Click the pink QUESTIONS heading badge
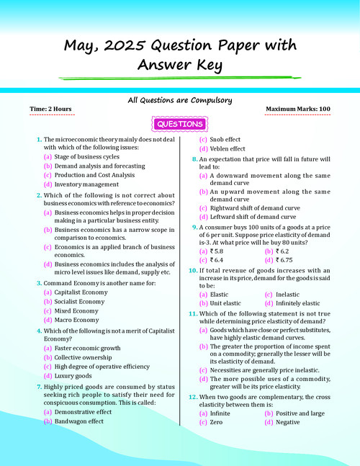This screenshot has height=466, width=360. pyautogui.click(x=179, y=125)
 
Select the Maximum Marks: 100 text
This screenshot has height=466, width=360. pyautogui.click(x=298, y=109)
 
